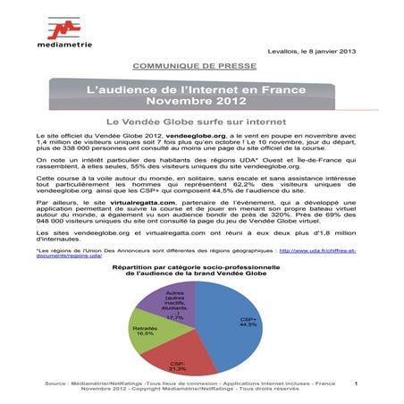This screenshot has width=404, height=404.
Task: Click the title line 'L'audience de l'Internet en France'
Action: click(x=201, y=89)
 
